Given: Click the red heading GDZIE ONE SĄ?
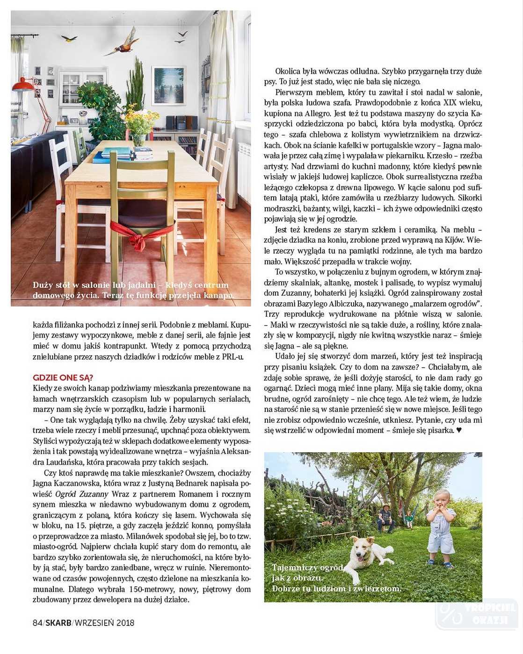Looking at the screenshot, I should [63, 377].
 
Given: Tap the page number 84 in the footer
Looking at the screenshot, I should [37, 623].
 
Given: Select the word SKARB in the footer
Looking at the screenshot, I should [58, 623].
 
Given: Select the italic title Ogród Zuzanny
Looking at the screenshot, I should [82, 494].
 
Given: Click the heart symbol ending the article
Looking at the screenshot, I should [459, 430].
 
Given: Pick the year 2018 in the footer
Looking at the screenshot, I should [125, 623].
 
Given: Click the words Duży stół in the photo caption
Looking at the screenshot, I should [51, 285].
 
